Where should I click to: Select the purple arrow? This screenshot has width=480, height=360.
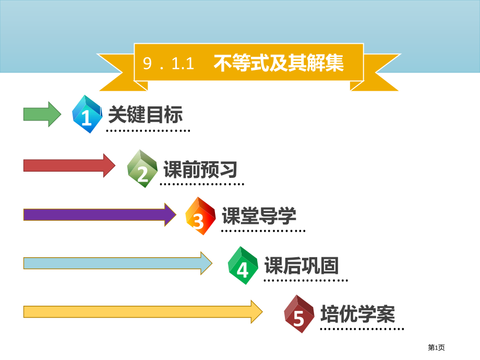(99, 214)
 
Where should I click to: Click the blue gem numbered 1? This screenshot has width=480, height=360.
(87, 114)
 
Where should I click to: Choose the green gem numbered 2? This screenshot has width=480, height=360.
(142, 169)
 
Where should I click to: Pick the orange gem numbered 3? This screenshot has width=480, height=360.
(200, 216)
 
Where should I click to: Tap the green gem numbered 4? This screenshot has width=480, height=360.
(243, 265)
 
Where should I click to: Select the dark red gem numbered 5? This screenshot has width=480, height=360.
(299, 314)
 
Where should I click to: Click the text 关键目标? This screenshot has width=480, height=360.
(145, 114)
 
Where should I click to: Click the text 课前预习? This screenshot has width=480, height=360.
(200, 169)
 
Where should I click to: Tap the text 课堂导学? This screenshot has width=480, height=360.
(259, 215)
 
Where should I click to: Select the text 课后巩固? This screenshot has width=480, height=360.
(302, 266)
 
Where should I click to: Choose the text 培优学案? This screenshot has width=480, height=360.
(357, 314)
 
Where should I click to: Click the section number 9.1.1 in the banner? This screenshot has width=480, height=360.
(168, 64)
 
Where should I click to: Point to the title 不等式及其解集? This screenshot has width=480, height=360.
(279, 63)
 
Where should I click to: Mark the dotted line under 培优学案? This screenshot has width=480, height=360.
(362, 329)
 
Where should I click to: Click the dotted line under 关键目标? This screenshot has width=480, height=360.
(148, 131)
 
